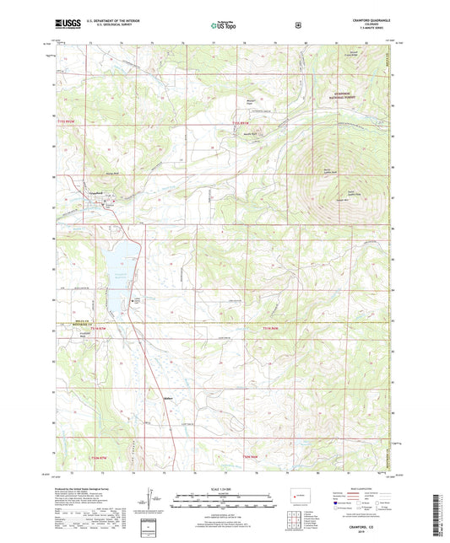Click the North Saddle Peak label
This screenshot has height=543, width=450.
coord(315,172)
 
